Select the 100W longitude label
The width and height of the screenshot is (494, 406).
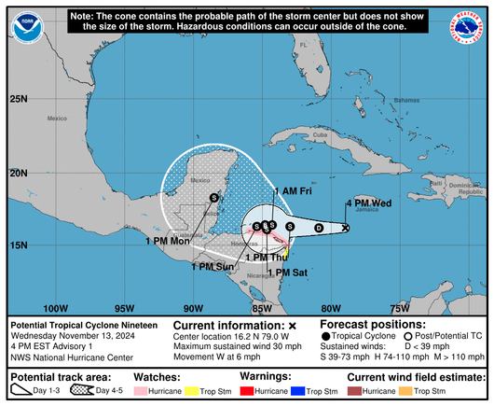56,307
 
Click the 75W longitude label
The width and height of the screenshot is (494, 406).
399,307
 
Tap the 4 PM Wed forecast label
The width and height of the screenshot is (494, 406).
368,203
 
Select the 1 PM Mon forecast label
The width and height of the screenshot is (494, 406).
168,241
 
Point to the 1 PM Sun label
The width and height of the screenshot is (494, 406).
213,266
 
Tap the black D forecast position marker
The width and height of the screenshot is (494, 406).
318,228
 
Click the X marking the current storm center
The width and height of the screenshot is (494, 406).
346,228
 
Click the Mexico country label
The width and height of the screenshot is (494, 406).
59,119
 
